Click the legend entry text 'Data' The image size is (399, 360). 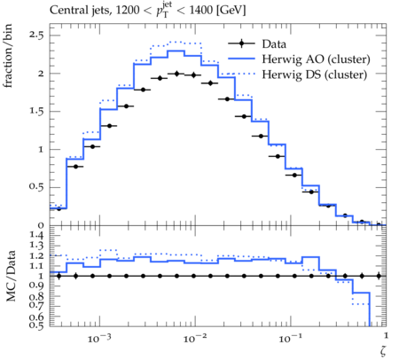click(x=274, y=44)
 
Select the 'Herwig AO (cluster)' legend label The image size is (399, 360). click(x=316, y=59)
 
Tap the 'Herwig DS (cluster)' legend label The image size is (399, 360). click(x=315, y=74)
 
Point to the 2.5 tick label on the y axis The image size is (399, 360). click(x=36, y=35)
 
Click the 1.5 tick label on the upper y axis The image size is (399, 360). click(x=36, y=112)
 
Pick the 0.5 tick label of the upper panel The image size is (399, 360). click(x=36, y=187)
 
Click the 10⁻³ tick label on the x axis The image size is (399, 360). click(x=99, y=338)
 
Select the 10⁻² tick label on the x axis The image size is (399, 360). click(x=194, y=338)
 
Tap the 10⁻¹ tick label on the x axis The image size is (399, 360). click(x=290, y=338)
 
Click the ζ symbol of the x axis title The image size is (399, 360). click(x=383, y=350)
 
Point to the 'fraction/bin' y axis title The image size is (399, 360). click(x=8, y=56)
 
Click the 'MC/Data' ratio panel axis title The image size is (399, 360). click(x=11, y=276)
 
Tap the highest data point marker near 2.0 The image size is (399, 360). click(x=177, y=74)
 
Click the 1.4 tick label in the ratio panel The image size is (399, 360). click(x=36, y=236)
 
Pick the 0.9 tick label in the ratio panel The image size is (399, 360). click(x=36, y=286)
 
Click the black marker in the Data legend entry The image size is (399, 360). click(x=241, y=43)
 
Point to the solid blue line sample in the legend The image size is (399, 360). click(x=241, y=59)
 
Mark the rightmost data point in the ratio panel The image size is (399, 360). click(x=379, y=276)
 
